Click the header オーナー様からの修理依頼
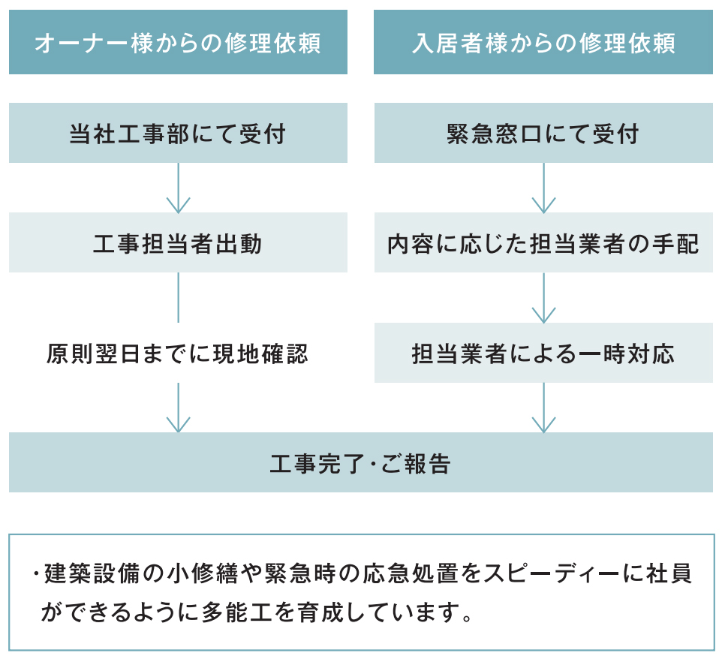[x=178, y=42]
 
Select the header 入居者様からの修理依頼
[x=543, y=42]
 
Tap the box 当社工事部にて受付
[x=178, y=133]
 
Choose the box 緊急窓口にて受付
[x=543, y=133]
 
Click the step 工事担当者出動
[x=178, y=242]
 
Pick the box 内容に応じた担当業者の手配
[x=543, y=242]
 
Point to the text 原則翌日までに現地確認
[x=177, y=354]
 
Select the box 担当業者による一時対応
[x=543, y=352]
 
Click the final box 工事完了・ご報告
[x=361, y=462]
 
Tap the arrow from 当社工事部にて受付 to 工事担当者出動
[x=178, y=188]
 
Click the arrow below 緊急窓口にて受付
[x=544, y=188]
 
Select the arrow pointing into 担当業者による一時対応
[x=544, y=298]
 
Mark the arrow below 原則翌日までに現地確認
[x=178, y=408]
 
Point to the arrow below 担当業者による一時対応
[x=544, y=408]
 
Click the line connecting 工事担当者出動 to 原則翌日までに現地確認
[x=178, y=297]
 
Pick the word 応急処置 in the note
[x=409, y=573]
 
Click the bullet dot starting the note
[x=35, y=573]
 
